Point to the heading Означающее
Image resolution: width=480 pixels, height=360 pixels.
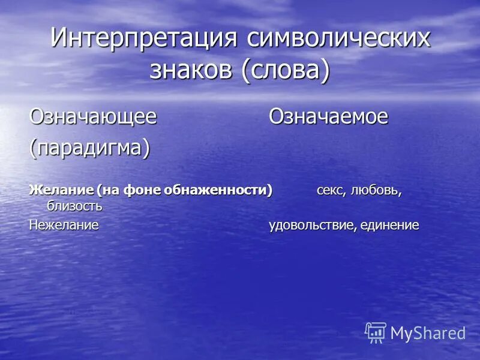pos(93,116)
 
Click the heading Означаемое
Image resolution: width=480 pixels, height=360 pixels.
pos(328,116)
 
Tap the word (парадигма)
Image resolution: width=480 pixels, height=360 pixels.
pos(90,148)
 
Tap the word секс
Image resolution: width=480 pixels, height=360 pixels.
pos(330,191)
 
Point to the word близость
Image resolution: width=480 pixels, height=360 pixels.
pos(74,206)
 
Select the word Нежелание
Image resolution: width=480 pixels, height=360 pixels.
pos(64,225)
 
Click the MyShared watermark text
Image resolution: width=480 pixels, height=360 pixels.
pos(428,333)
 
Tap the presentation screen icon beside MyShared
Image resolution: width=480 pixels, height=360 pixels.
pos(376,332)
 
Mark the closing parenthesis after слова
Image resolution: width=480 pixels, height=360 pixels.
pos(325,70)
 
